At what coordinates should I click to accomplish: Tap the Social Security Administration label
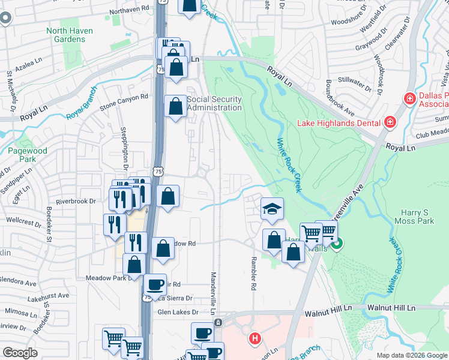(214, 103)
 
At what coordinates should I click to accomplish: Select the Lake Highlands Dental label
(339, 123)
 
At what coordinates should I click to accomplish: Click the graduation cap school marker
(272, 208)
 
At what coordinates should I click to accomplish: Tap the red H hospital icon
(255, 339)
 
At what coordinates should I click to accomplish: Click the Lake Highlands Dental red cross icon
(390, 123)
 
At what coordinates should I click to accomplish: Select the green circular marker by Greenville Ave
(337, 244)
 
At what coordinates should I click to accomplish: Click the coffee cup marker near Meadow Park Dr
(155, 284)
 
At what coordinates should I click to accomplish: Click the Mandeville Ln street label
(214, 293)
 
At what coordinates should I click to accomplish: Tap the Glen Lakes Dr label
(178, 312)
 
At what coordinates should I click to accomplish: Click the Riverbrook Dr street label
(76, 202)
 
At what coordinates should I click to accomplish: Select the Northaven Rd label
(129, 10)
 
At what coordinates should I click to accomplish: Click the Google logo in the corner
(20, 353)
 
